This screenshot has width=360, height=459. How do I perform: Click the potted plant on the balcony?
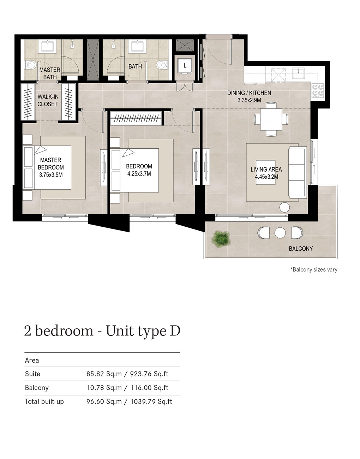pos(221,239)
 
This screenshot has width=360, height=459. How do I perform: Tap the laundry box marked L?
pos(185,66)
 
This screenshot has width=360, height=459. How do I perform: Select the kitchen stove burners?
pos(318,90)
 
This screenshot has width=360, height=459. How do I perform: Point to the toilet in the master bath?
pos(30,64)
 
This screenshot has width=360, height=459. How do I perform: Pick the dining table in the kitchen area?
pos(271,119)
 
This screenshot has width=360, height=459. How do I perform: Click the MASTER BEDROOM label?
pos(51,163)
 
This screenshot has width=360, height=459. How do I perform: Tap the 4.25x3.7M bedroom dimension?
pos(139,174)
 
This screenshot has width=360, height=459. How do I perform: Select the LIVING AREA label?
pos(266,169)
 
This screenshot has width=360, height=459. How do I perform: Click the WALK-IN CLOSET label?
pos(48,100)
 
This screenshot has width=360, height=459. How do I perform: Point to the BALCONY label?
pos(301,249)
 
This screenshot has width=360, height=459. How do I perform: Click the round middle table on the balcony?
pos(280,233)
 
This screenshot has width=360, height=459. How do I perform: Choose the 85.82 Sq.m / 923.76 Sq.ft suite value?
pos(127,374)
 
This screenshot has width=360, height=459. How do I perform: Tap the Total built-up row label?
pos(44,401)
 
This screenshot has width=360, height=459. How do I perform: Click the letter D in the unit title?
pos(175,331)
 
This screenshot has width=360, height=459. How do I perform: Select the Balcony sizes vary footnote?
pos(313,269)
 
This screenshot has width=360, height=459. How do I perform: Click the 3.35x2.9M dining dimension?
pos(249,100)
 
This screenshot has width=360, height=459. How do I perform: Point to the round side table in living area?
pos(284,207)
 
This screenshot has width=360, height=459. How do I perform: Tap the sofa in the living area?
pos(298,172)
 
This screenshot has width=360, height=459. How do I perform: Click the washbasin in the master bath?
pos(47,46)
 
